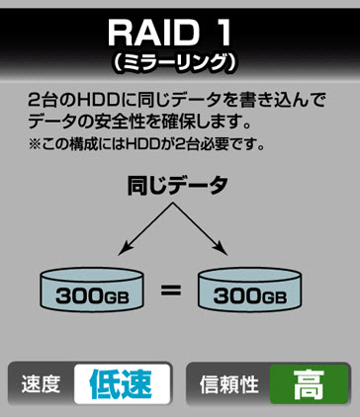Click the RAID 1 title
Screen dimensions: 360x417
coord(179,32)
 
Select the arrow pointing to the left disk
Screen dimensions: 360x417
coord(138,230)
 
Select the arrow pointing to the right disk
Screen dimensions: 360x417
coord(212,230)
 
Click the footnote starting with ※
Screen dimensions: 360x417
coord(148,144)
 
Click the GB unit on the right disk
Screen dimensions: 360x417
coord(274,296)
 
